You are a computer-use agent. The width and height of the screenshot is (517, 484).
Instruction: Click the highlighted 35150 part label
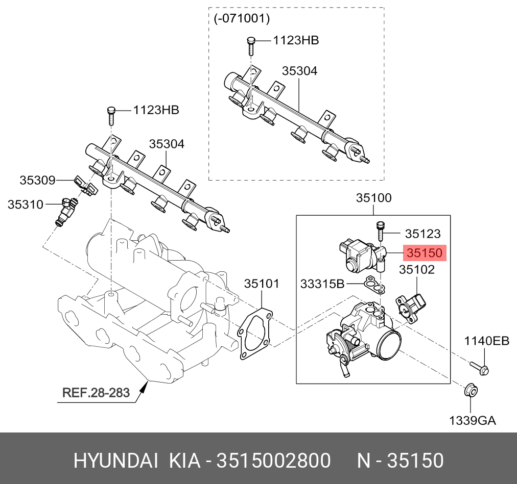pos(425,253)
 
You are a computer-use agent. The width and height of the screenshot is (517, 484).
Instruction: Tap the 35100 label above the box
pos(373,198)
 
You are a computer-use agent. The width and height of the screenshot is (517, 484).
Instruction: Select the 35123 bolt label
pos(422,234)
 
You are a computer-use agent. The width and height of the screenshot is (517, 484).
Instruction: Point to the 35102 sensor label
pos(416,269)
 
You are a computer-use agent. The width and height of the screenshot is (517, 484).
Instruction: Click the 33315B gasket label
pos(322,284)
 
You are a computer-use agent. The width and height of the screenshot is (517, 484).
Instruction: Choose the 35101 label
pos(261,283)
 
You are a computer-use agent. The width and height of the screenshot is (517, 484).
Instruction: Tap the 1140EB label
pos(486,341)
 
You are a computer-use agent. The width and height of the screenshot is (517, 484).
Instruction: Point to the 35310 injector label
pos(25,204)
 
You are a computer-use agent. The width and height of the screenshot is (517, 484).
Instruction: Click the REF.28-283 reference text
pos(96,393)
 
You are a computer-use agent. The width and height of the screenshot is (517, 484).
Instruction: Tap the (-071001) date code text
pos(241,19)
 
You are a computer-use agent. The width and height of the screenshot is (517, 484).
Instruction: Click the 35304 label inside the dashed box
pos(299,71)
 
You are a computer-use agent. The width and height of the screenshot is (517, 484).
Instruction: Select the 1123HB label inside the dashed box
pos(295,40)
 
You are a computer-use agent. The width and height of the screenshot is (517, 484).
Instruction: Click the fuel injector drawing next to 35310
pos(67,211)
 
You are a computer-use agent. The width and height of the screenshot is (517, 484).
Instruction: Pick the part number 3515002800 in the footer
pos(274,461)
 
